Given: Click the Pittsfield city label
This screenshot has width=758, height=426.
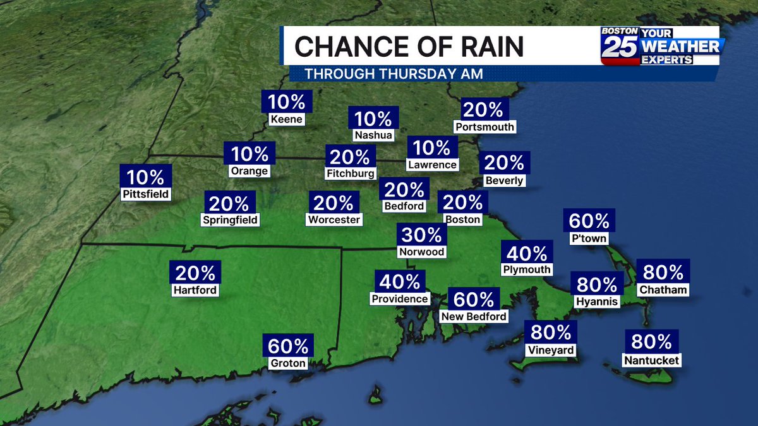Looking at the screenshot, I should (146, 194).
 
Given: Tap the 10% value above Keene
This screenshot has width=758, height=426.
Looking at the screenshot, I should (287, 102).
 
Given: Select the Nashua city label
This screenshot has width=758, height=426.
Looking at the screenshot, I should (373, 135).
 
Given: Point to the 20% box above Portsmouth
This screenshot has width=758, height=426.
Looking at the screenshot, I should (484, 110).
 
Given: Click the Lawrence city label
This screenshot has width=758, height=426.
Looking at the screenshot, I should (432, 165).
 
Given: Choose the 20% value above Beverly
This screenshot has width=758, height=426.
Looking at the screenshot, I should (504, 163).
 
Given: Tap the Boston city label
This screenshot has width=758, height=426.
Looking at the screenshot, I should (462, 220).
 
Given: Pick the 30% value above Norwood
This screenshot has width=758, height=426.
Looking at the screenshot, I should (422, 235).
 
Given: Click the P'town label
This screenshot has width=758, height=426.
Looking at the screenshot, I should (589, 239).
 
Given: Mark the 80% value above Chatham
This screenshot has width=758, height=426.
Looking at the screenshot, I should (663, 272).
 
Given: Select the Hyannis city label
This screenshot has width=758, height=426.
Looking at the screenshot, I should (596, 302).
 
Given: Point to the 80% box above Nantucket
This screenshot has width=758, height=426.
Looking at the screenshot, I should (651, 341).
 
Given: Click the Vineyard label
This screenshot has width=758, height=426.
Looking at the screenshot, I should (551, 350).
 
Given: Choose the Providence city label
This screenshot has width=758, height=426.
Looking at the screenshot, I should (400, 299).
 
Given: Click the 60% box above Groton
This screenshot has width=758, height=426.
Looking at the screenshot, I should (287, 346).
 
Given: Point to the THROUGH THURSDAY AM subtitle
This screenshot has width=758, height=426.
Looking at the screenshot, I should (394, 74).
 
